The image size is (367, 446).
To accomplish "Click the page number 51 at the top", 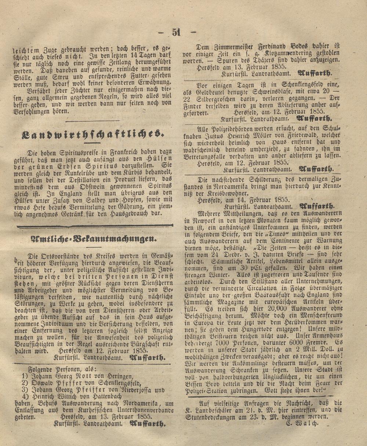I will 177,32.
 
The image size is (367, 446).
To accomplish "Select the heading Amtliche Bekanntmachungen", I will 92,239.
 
